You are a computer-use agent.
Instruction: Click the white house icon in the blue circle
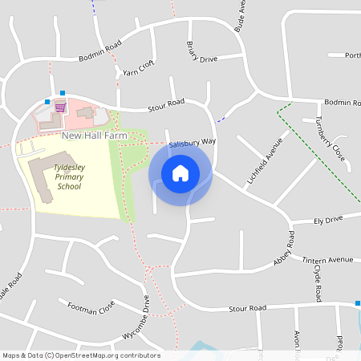[x=180, y=172]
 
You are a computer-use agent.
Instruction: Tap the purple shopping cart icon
[x=59, y=106]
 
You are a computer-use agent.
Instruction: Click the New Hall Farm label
[x=94, y=136]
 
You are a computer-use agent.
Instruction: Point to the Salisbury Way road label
[x=193, y=143]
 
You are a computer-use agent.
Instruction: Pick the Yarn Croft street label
[x=138, y=70]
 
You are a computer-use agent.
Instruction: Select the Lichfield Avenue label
[x=266, y=160]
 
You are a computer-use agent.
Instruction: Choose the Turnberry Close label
[x=330, y=137]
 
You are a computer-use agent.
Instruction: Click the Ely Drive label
[x=328, y=218]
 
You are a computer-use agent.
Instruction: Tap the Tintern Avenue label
[x=327, y=260]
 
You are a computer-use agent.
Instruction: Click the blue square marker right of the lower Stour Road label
[x=358, y=303]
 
